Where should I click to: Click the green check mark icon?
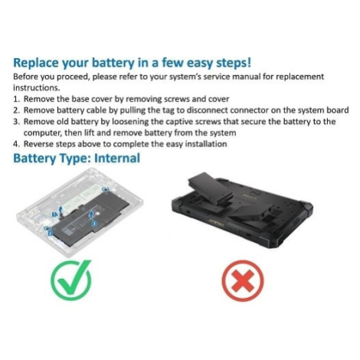70,280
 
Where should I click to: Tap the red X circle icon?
243,281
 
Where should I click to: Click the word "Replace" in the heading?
36,63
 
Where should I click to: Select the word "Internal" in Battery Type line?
117,158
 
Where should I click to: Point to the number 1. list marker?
16,99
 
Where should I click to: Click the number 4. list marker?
16,144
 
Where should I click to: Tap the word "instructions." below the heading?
37,88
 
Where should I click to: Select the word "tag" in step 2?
169,111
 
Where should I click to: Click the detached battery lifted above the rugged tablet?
211,189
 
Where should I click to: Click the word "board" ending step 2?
338,110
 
